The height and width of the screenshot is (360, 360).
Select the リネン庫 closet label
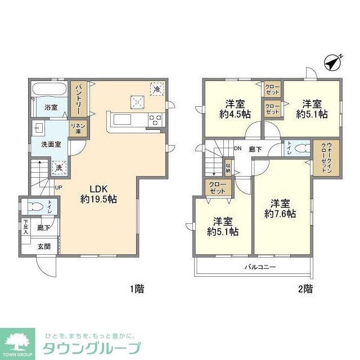tap(75, 128)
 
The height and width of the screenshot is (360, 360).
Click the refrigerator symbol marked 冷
tap(158, 89)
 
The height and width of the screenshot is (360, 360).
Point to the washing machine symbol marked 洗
tap(59, 167)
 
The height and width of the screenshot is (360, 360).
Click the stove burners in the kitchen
tap(155, 119)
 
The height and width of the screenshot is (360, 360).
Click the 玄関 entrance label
tap(44, 246)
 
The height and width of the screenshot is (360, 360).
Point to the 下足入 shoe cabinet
tap(25, 227)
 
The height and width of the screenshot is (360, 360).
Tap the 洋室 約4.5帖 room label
tap(235, 109)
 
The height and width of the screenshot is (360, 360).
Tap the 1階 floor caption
tap(137, 290)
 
